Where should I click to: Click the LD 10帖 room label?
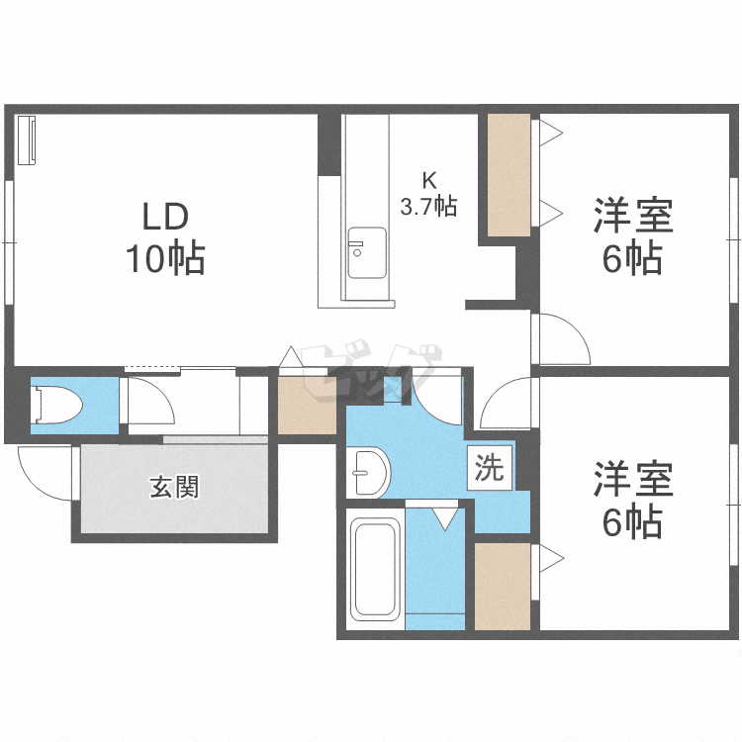click(x=164, y=237)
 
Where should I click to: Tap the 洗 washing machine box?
click(x=489, y=468)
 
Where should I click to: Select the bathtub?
click(x=375, y=568)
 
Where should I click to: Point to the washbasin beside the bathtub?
click(x=371, y=472)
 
